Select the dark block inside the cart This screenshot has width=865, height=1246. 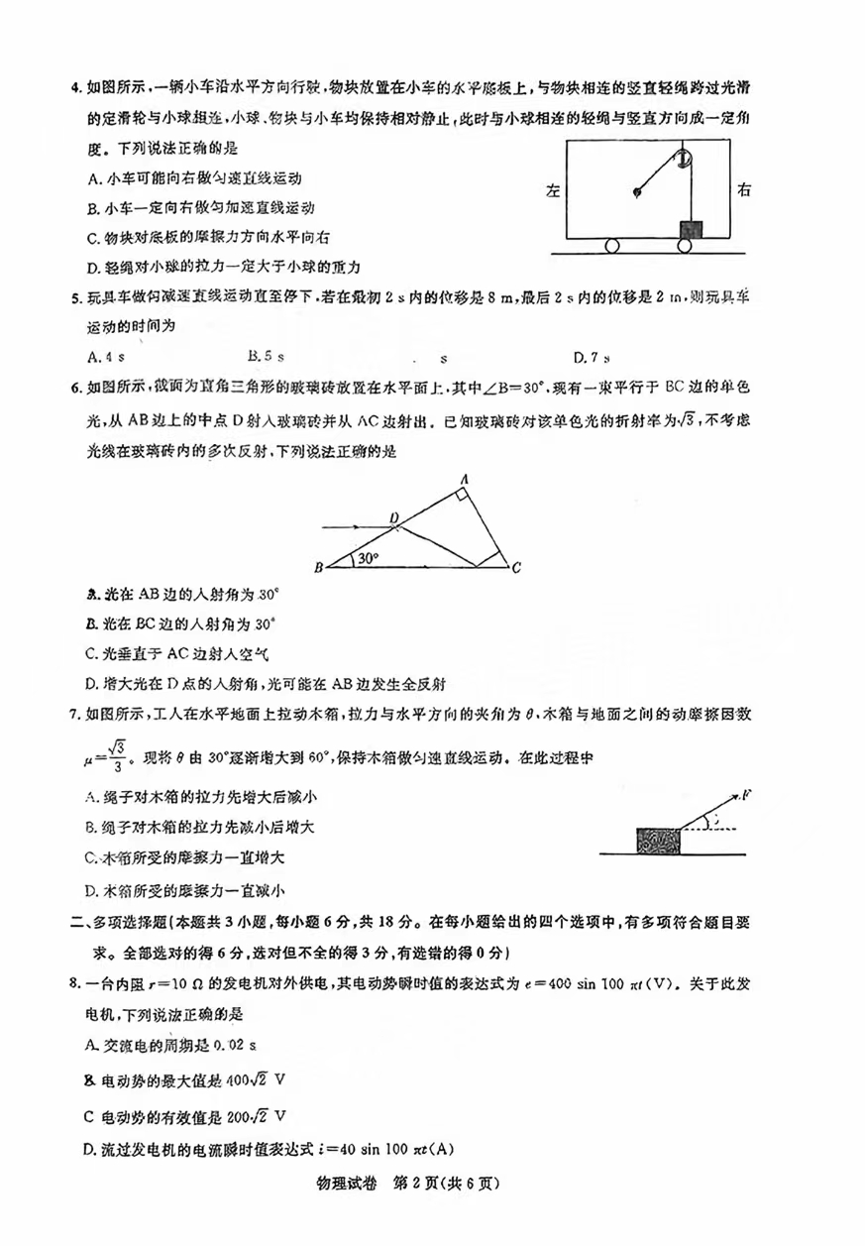tap(690, 229)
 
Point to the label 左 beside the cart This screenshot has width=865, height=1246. tap(553, 190)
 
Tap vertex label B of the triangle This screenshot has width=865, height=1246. tap(318, 567)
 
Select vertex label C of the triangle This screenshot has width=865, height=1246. tap(515, 567)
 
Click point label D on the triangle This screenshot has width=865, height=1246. tap(393, 517)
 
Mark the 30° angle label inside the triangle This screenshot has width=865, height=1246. tap(368, 558)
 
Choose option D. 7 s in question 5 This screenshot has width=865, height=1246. tap(591, 357)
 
